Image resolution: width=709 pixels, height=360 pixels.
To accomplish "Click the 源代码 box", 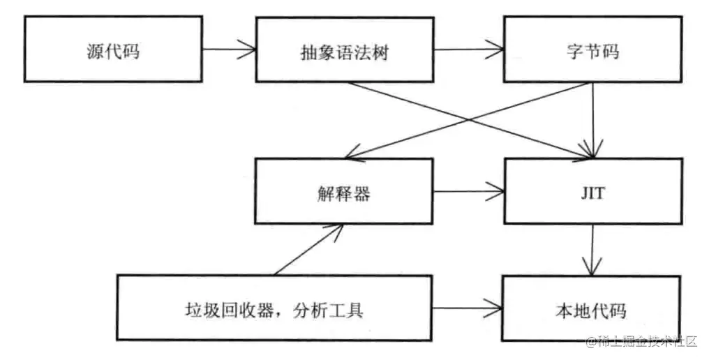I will [112, 50].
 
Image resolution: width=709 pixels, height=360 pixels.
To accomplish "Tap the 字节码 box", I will [592, 50].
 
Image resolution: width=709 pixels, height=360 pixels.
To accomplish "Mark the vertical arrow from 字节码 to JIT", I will [592, 119].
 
